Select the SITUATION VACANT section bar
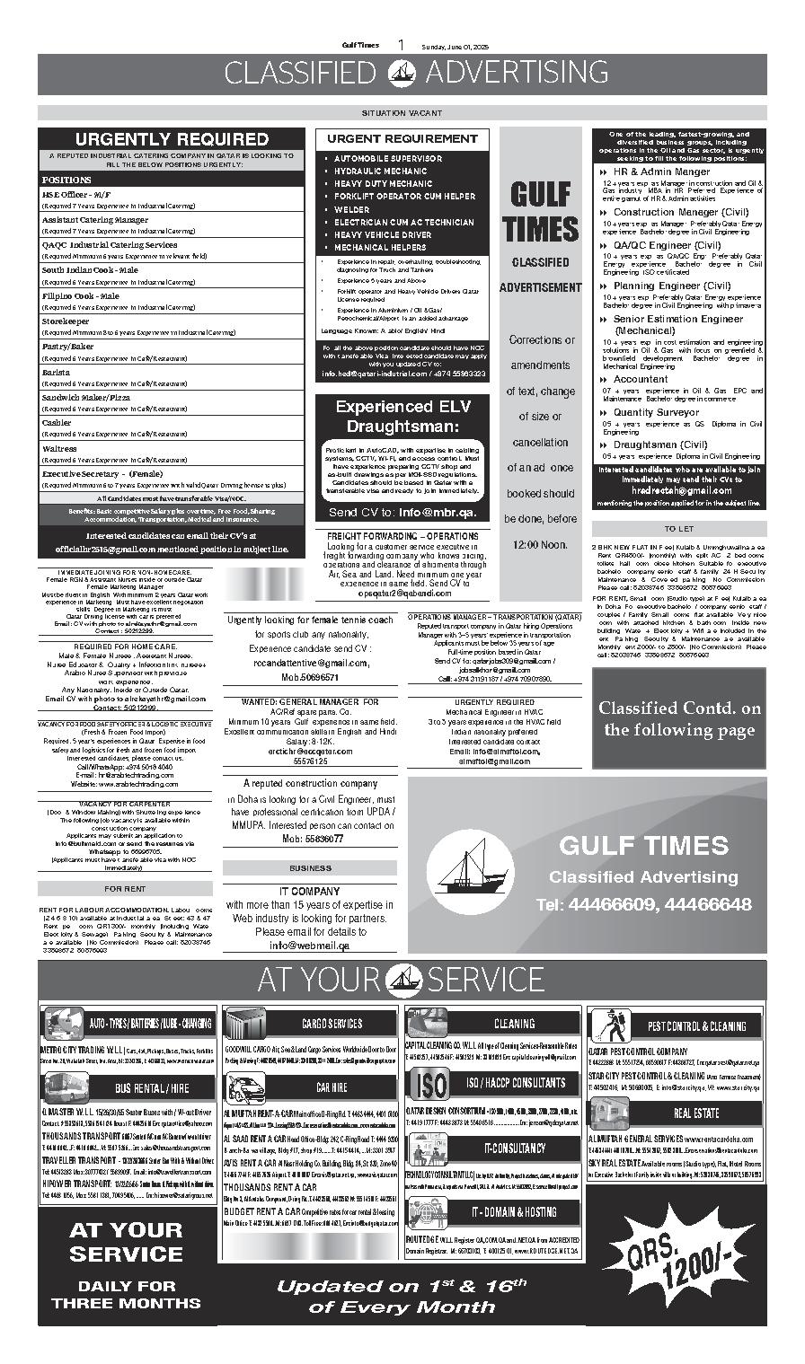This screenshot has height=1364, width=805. point(402,113)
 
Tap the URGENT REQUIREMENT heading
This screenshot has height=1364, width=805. point(402,139)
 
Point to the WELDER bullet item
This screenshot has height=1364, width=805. point(352,209)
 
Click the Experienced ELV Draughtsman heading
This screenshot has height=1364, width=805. point(402,416)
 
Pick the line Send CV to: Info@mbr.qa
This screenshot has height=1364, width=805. point(402,513)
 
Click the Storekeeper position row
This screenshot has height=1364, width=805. point(66,321)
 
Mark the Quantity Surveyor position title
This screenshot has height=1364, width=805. point(656,413)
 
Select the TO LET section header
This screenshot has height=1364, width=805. point(678,529)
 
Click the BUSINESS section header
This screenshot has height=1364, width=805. point(310,868)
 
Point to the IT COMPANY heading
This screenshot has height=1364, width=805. point(309,892)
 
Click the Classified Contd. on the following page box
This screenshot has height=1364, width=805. point(678,718)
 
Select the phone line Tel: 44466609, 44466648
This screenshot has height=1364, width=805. point(643,904)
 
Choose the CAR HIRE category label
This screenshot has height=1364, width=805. point(332,1087)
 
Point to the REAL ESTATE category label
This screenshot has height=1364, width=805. point(696,1113)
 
